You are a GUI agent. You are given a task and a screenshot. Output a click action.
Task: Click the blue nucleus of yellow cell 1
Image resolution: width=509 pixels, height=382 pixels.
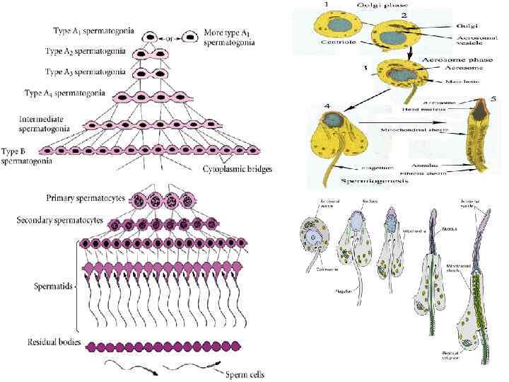[x=325, y=25]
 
